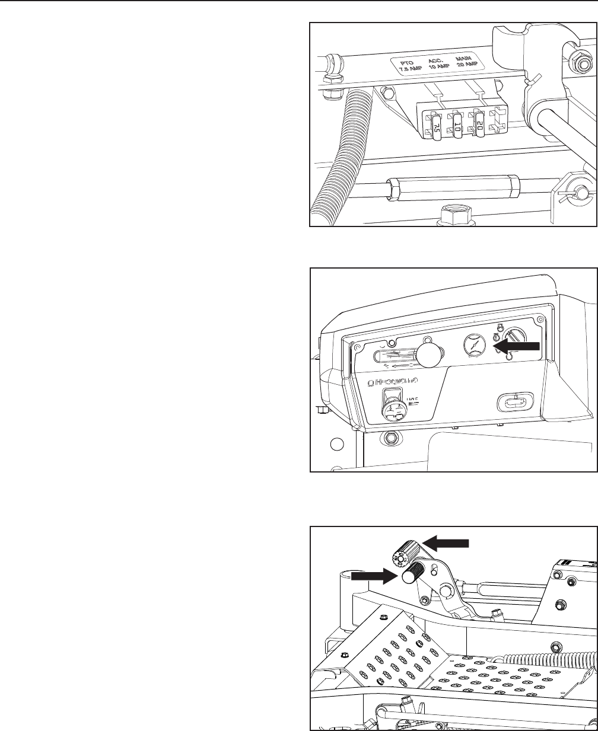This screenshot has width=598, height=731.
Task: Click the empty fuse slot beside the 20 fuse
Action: pos(499,121)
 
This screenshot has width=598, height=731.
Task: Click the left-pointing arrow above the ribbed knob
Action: pos(447,542)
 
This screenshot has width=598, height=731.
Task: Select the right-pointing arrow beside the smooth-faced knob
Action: pos(372,575)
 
